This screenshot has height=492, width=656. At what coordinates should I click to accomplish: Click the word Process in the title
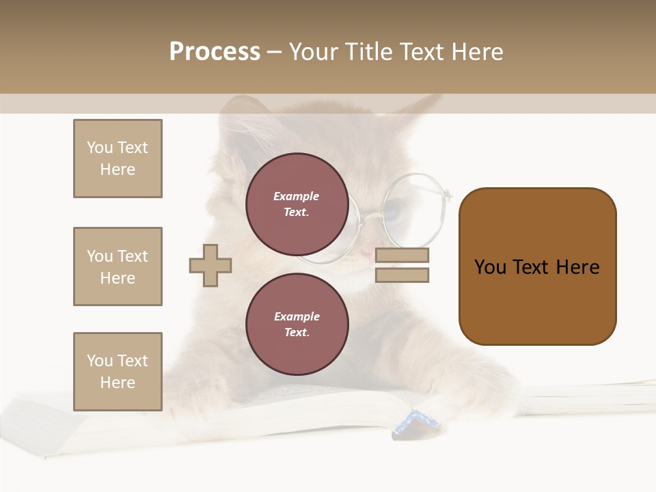(x=215, y=52)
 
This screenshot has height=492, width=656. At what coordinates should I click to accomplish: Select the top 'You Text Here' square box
(x=118, y=159)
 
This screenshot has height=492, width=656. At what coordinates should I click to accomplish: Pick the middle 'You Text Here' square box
(x=118, y=266)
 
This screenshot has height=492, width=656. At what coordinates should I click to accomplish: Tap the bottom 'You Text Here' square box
(x=118, y=372)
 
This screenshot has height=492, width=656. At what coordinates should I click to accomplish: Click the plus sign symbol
(x=210, y=265)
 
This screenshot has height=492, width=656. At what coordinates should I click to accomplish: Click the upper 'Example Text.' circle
(x=297, y=204)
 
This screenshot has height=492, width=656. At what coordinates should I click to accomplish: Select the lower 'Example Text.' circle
(x=297, y=324)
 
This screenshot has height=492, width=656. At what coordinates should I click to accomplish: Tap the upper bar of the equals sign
(x=402, y=256)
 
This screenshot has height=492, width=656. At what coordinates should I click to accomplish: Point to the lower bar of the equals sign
(x=402, y=275)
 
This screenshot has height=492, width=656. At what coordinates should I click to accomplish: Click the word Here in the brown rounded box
(x=577, y=267)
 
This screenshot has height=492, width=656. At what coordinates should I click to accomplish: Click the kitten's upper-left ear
(x=243, y=113)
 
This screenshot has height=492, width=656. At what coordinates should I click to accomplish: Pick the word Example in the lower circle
(x=297, y=316)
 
